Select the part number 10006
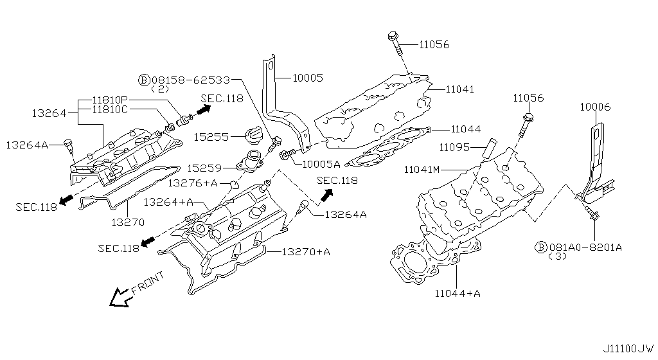click(595, 107)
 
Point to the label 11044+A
click(458, 294)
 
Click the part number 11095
click(457, 147)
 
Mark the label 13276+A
click(192, 183)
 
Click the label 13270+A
click(305, 252)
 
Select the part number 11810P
click(110, 100)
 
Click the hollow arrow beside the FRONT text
click(120, 297)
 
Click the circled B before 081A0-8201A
click(541, 247)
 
